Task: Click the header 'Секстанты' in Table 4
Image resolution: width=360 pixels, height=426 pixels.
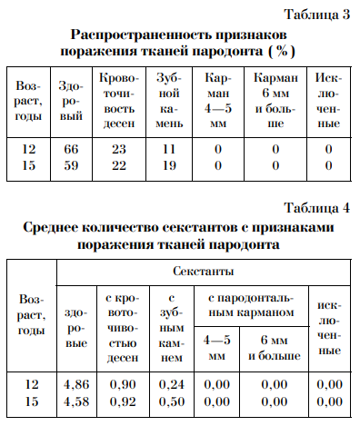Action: click(x=204, y=272)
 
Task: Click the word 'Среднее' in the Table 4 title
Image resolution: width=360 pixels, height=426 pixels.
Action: click(x=56, y=227)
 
